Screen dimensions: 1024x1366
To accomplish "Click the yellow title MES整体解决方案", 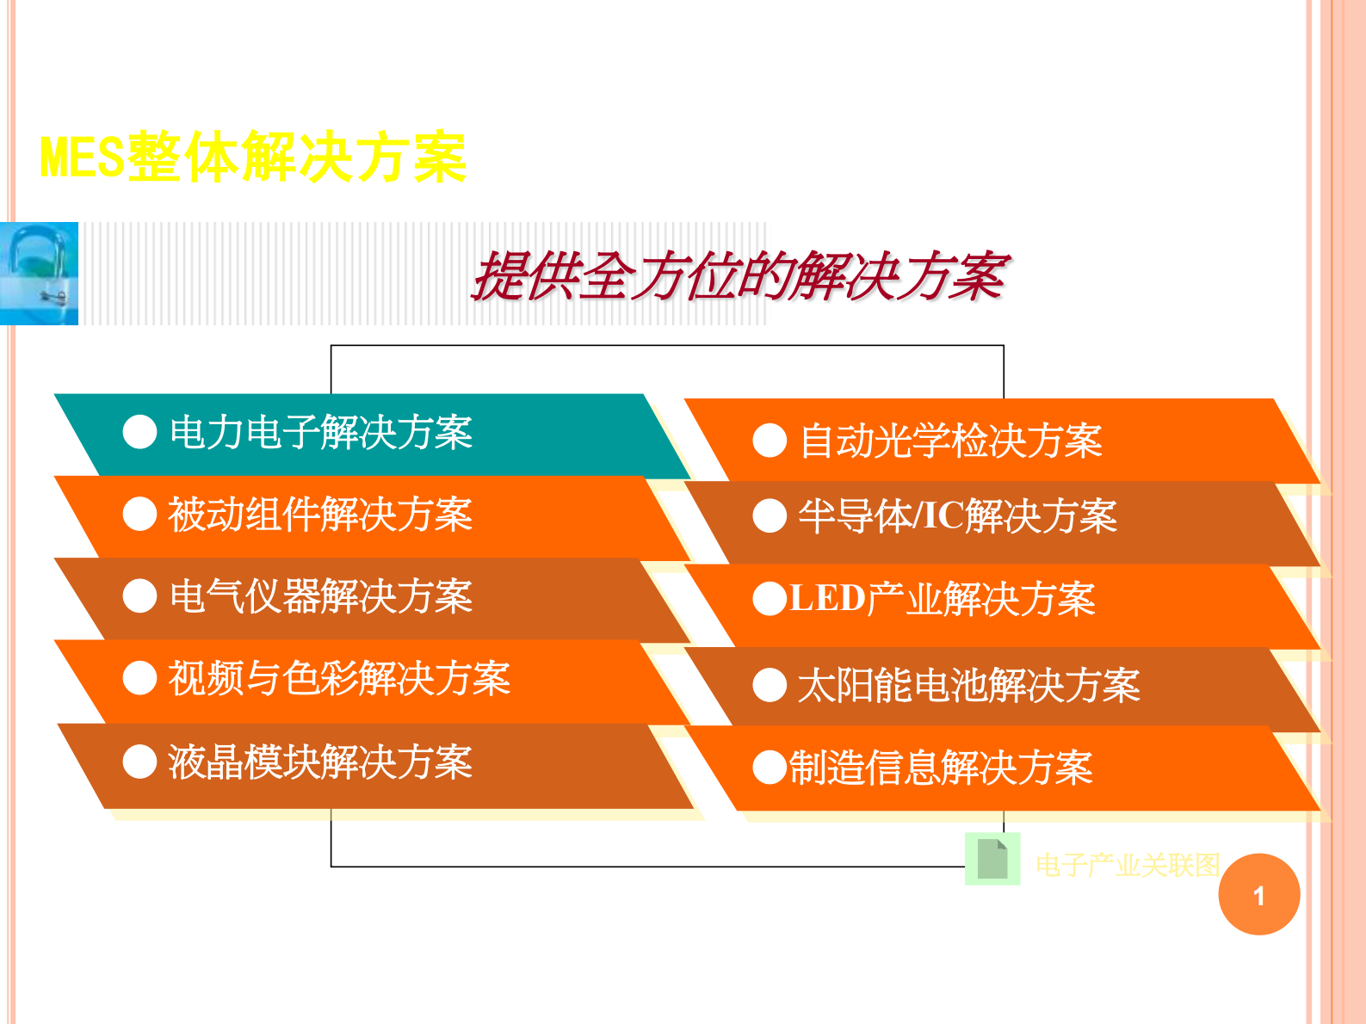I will point(253,157).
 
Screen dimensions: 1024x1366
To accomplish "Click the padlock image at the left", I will point(39,273).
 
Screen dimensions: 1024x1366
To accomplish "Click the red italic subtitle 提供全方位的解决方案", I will point(739,276).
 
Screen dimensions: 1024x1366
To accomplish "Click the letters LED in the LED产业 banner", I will point(826,598).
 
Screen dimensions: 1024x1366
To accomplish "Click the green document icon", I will point(992,859).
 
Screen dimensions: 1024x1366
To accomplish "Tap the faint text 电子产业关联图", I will point(1128,865).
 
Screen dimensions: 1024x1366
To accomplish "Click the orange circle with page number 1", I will point(1258,894).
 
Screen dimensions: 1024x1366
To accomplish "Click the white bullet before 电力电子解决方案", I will point(139,432).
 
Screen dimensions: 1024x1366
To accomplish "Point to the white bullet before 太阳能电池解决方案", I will point(770,686).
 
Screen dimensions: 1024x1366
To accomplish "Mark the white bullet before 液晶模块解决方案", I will point(139,762).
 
